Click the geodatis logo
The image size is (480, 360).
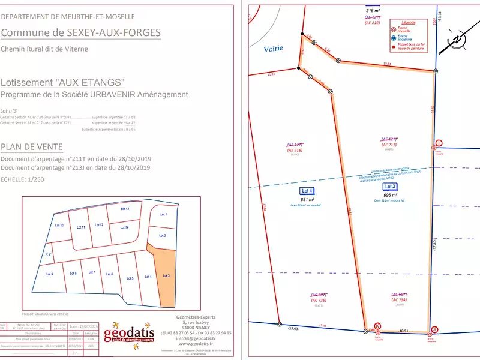tap(129, 334)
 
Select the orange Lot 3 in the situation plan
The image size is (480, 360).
tap(164, 276)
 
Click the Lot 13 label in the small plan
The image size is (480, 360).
tap(125, 209)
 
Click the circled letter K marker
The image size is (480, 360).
tap(377, 325)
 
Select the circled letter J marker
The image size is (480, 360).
tap(434, 329)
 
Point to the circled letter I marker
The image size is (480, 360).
tap(439, 143)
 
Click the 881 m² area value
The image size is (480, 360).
tap(308, 200)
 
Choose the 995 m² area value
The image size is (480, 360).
tap(391, 195)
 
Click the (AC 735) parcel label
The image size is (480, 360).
tap(318, 300)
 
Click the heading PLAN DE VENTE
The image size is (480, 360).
tap(31, 147)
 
